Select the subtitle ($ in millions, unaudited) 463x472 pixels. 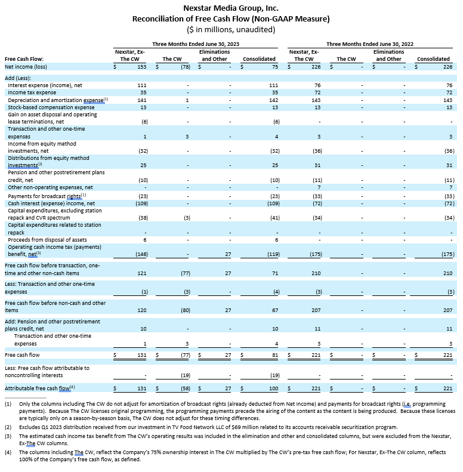(231, 29)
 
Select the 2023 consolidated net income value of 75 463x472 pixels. (271, 67)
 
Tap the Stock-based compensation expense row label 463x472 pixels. (51, 107)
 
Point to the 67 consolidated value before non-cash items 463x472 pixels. (271, 310)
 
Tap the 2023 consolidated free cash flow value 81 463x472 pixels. (271, 355)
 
